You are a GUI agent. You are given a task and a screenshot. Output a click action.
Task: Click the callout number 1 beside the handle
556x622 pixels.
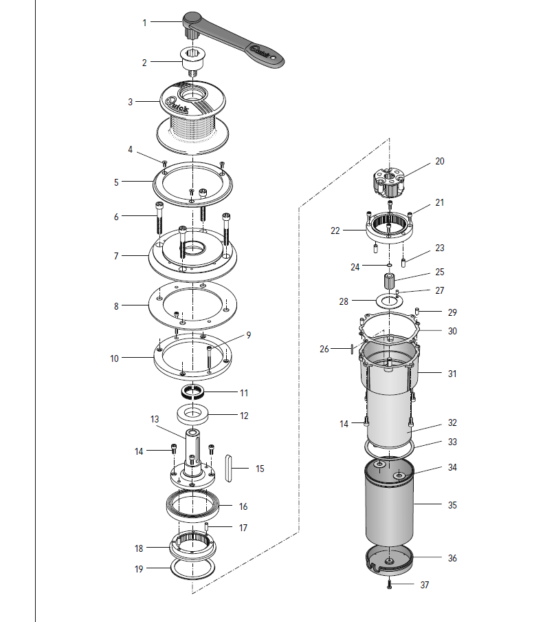(x=144, y=23)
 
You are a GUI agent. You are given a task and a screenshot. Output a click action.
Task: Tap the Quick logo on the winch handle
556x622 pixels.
(x=260, y=52)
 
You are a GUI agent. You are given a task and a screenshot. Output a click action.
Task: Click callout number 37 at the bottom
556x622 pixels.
(x=425, y=585)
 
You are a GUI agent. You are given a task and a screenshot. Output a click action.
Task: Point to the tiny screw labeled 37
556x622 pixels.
(x=389, y=584)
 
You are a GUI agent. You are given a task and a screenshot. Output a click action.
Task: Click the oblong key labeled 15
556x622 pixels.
(x=228, y=469)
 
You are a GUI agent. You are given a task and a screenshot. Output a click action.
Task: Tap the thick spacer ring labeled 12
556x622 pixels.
(x=192, y=414)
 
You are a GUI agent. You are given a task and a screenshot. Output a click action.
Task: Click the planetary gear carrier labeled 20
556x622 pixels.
(x=388, y=182)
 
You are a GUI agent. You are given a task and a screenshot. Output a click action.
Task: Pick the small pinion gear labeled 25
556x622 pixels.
(x=389, y=281)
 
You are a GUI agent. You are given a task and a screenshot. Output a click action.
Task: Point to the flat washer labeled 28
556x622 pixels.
(x=389, y=301)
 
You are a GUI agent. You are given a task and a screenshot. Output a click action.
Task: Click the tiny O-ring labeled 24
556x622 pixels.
(x=389, y=265)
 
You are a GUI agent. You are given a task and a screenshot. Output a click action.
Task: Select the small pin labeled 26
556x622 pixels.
(x=351, y=349)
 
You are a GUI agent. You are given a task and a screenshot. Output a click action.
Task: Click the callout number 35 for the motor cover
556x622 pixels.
(x=452, y=505)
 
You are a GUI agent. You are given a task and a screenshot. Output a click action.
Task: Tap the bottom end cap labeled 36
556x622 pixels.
(x=389, y=560)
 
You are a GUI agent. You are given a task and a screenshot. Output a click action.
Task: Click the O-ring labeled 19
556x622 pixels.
(x=193, y=568)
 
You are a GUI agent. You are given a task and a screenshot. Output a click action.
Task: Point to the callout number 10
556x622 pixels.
(x=115, y=358)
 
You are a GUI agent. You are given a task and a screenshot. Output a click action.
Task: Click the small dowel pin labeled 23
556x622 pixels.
(x=403, y=263)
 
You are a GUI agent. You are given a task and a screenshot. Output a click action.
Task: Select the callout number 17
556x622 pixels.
(x=243, y=528)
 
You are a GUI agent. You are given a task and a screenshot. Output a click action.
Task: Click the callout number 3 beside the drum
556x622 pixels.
(x=130, y=103)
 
